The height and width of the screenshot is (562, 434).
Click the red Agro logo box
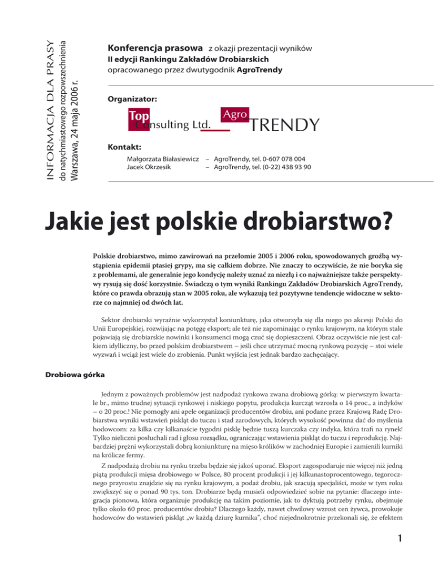pyautogui.click(x=235, y=114)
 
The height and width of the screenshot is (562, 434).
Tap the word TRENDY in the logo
pyautogui.click(x=284, y=124)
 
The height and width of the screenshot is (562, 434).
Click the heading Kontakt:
pyautogui.click(x=122, y=148)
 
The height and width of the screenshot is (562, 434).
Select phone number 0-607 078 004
pyautogui.click(x=280, y=160)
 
